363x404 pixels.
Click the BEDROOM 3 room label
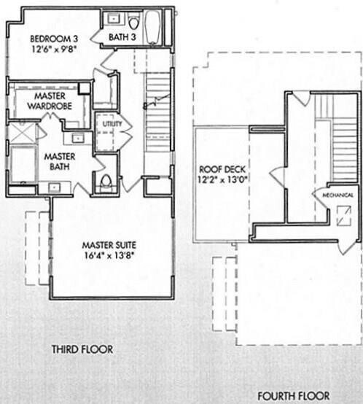pyautogui.click(x=54, y=39)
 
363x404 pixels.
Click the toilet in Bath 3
pyautogui.click(x=134, y=21)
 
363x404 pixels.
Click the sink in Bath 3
pyautogui.click(x=114, y=18)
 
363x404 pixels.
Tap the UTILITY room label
pyautogui.click(x=112, y=125)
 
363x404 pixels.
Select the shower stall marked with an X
pyautogui.click(x=23, y=133)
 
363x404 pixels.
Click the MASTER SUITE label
pyautogui.click(x=109, y=244)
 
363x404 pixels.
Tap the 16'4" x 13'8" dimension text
pyautogui.click(x=109, y=256)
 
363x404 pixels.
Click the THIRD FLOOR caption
pyautogui.click(x=82, y=349)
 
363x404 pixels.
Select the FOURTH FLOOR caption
pyautogui.click(x=293, y=396)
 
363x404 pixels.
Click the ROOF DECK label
pyautogui.click(x=219, y=166)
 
